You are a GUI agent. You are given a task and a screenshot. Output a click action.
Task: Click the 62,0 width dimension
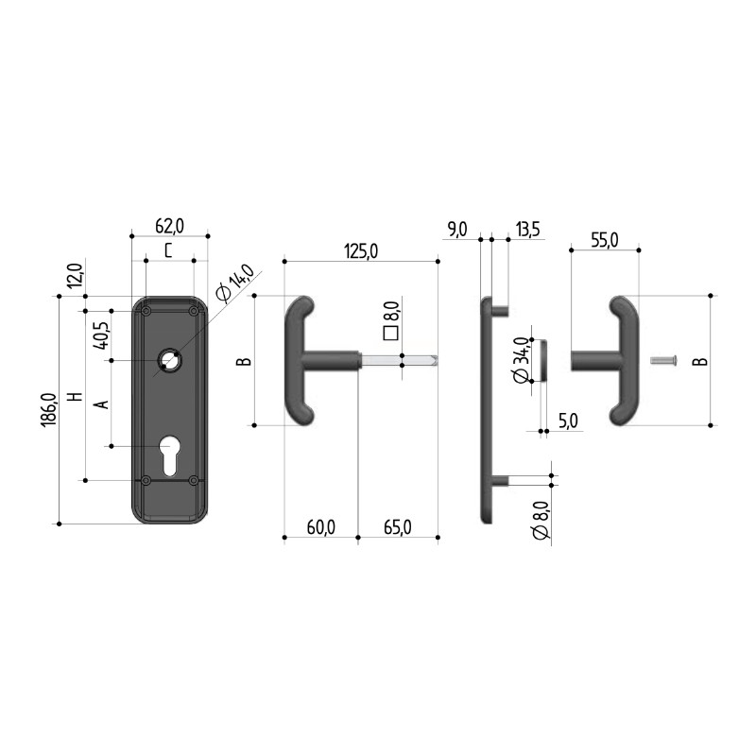pyautogui.click(x=169, y=225)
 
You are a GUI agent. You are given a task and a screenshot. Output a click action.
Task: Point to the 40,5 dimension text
pyautogui.click(x=101, y=335)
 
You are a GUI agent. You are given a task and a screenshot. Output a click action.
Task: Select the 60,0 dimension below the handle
pyautogui.click(x=320, y=527)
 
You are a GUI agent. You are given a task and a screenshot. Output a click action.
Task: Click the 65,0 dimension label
pyautogui.click(x=398, y=527)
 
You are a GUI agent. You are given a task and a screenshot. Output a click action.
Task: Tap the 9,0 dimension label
pyautogui.click(x=456, y=229)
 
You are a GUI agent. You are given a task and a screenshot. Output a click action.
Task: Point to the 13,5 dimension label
pyautogui.click(x=527, y=229)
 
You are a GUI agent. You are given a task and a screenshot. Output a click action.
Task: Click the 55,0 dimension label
pyautogui.click(x=604, y=240)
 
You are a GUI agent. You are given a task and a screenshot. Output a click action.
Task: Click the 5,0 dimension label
pyautogui.click(x=568, y=421)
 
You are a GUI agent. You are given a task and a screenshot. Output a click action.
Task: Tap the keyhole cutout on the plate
pyautogui.click(x=169, y=455)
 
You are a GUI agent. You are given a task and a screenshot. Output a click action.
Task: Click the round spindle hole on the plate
pyautogui.click(x=170, y=360)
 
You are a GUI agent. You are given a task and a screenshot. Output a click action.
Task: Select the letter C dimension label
pyautogui.click(x=168, y=250)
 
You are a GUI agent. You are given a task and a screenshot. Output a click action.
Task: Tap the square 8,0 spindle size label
pyautogui.click(x=388, y=318)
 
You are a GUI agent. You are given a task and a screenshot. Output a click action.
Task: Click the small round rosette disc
pyautogui.click(x=540, y=359)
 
